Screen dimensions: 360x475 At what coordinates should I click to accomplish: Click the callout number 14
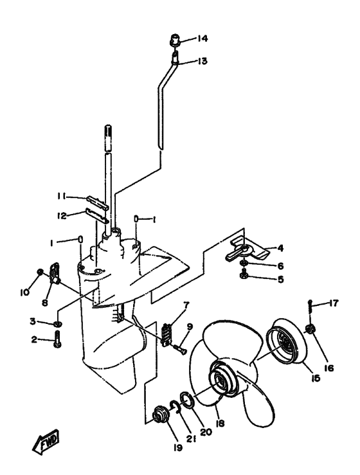point(203,39)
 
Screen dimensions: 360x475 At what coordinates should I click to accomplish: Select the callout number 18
point(221,423)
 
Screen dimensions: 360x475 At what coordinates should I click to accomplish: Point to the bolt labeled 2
point(58,339)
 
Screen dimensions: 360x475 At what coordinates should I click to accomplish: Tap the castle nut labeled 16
point(310,328)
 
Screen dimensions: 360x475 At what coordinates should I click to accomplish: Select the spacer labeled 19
point(160,414)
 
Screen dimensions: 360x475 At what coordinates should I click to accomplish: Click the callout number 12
point(62,216)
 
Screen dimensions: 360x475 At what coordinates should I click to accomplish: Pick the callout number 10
point(24,292)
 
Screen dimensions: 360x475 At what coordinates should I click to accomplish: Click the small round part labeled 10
point(39,273)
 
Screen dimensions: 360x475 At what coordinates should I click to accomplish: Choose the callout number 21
point(191,438)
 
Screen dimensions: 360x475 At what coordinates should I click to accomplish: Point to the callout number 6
point(280,265)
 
